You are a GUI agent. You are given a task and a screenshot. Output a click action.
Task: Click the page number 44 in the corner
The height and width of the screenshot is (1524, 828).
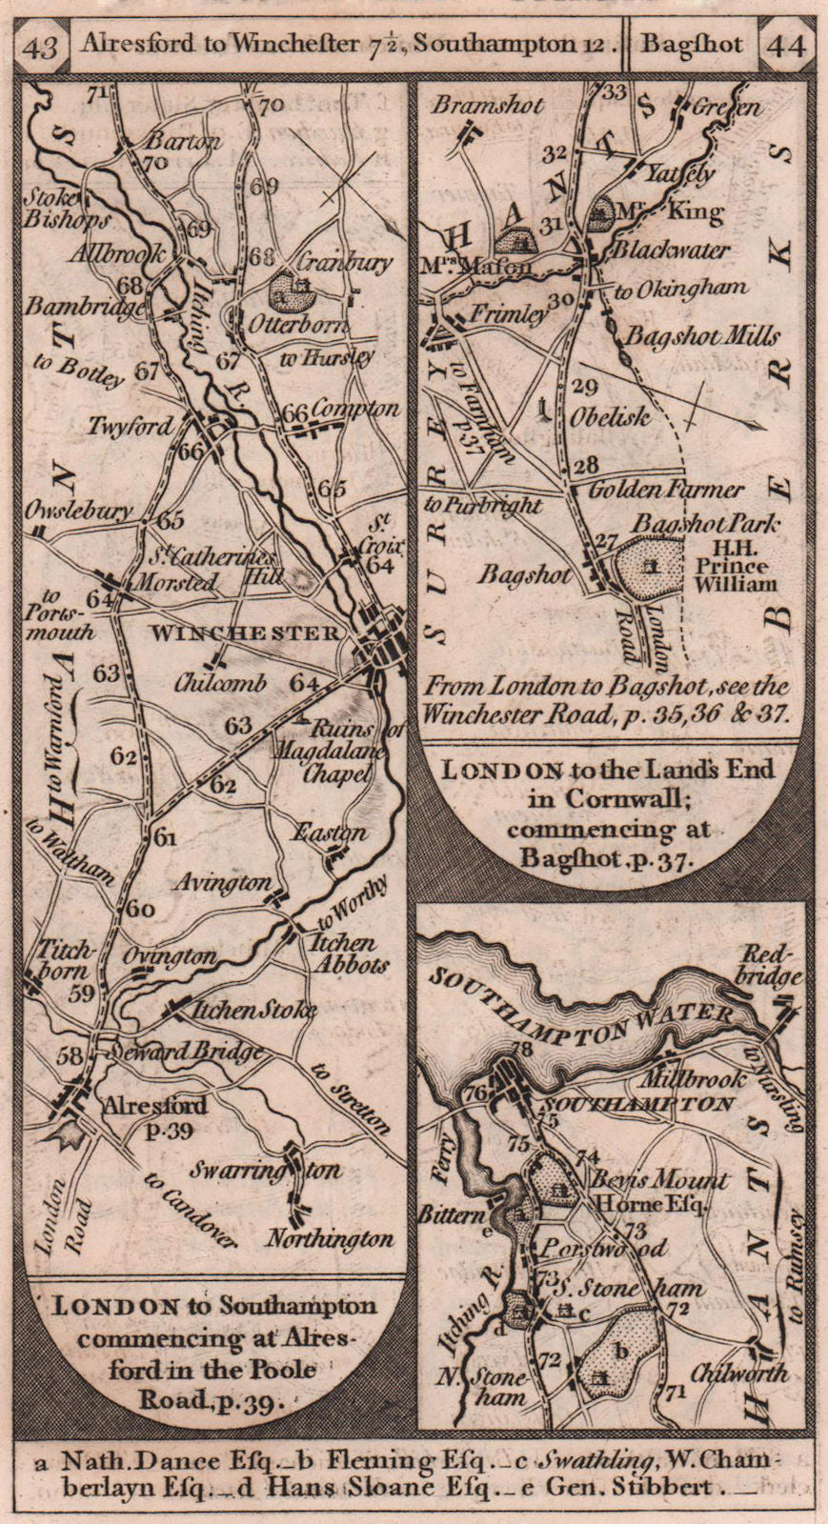pos(786,45)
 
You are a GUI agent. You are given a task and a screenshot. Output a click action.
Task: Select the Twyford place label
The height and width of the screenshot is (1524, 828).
pos(131,426)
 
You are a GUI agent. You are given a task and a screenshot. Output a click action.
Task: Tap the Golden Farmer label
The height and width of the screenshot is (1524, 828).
pos(666,490)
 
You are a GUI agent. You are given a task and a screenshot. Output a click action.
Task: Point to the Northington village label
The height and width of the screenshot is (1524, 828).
pos(330,1239)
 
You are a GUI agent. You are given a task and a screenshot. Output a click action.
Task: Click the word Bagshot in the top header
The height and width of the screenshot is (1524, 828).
pos(692,44)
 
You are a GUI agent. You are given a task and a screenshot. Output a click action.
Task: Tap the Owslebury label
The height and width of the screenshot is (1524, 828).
pos(81,511)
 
